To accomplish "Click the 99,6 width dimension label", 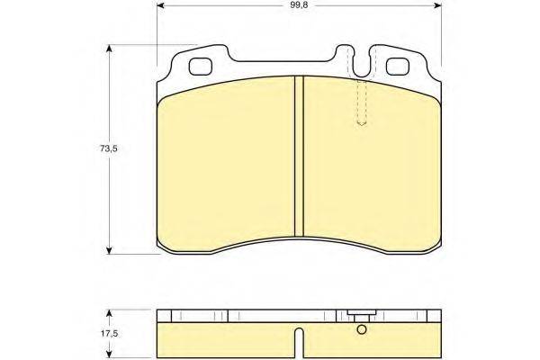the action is click(x=299, y=5).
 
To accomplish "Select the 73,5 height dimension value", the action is click(x=109, y=148).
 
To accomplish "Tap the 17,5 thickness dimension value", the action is click(x=109, y=334).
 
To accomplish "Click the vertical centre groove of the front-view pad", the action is click(x=299, y=156).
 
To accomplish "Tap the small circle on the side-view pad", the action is click(x=362, y=329).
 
